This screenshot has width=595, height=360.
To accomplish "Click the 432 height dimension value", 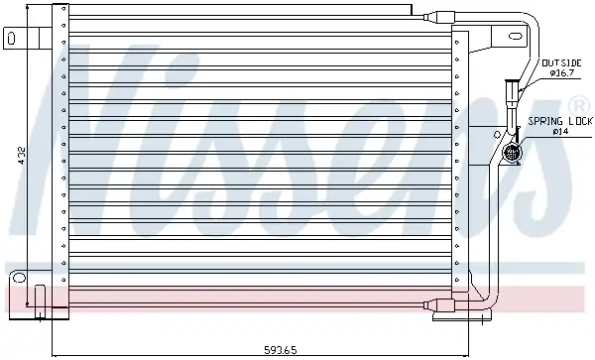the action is (21, 156).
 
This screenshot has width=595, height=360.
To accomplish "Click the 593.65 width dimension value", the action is (281, 350).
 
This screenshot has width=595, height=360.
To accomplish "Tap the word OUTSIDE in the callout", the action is (561, 62).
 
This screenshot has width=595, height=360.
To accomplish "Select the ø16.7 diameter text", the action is (562, 73).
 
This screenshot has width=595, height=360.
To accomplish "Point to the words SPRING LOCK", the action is (560, 121).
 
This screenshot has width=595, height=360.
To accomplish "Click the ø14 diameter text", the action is (560, 132).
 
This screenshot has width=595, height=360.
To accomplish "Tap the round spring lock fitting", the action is (512, 153).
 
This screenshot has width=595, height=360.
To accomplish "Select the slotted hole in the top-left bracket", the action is (11, 39).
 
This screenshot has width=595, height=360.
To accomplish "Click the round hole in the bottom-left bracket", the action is (19, 278).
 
